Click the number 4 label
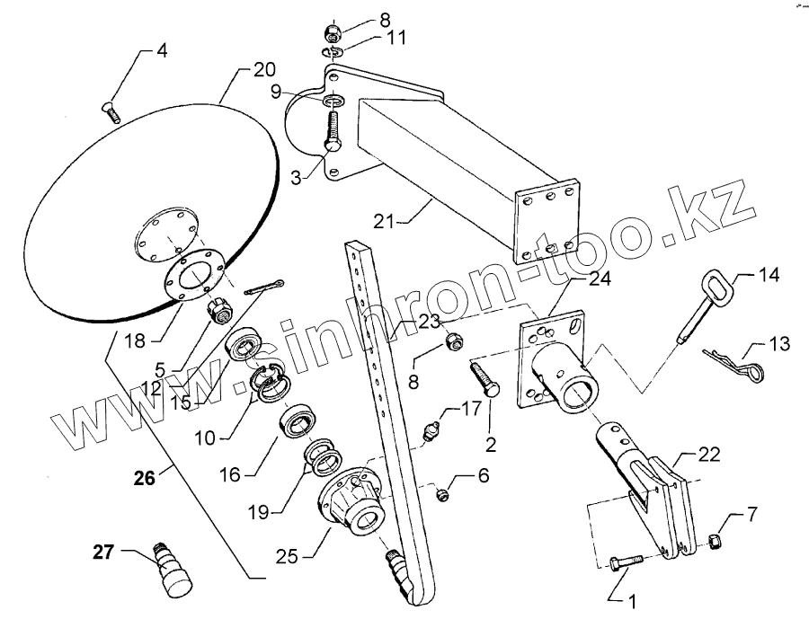162,51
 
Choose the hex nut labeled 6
442,491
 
